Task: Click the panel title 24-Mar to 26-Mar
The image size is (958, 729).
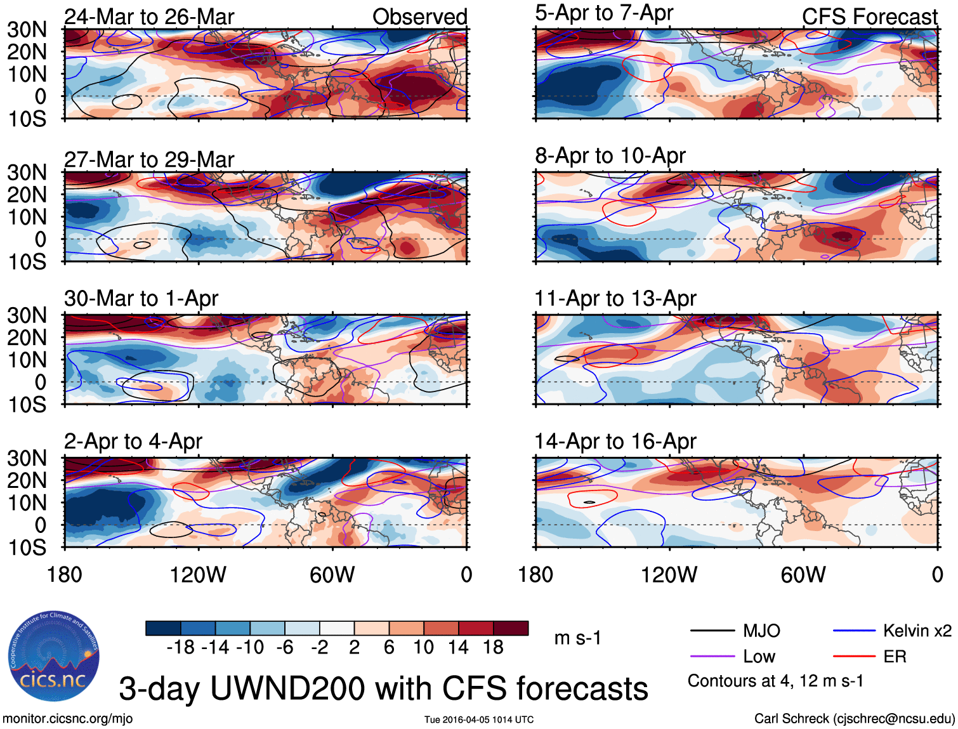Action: click(149, 16)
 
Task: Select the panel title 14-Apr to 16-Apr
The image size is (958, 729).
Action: click(615, 441)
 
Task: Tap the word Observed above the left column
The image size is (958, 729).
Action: click(419, 16)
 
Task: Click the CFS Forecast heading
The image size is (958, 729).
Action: click(869, 16)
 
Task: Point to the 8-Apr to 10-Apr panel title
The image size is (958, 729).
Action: click(610, 155)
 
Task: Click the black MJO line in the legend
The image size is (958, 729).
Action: click(712, 631)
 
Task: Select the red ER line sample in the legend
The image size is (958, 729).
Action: click(854, 657)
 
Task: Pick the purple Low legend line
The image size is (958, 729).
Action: click(712, 657)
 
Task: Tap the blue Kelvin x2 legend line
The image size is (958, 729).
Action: click(854, 631)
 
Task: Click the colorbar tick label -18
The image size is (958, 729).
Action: click(180, 647)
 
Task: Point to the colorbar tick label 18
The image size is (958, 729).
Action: click(492, 647)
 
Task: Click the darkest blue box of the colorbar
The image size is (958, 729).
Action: click(163, 628)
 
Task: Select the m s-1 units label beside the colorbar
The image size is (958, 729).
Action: click(577, 638)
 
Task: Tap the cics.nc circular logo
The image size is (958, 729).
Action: click(54, 657)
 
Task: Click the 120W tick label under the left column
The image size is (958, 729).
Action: click(198, 575)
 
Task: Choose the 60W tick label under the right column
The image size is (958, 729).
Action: click(803, 575)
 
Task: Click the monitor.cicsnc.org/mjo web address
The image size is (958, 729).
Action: click(67, 719)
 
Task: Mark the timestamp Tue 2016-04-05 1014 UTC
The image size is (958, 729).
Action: click(479, 719)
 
